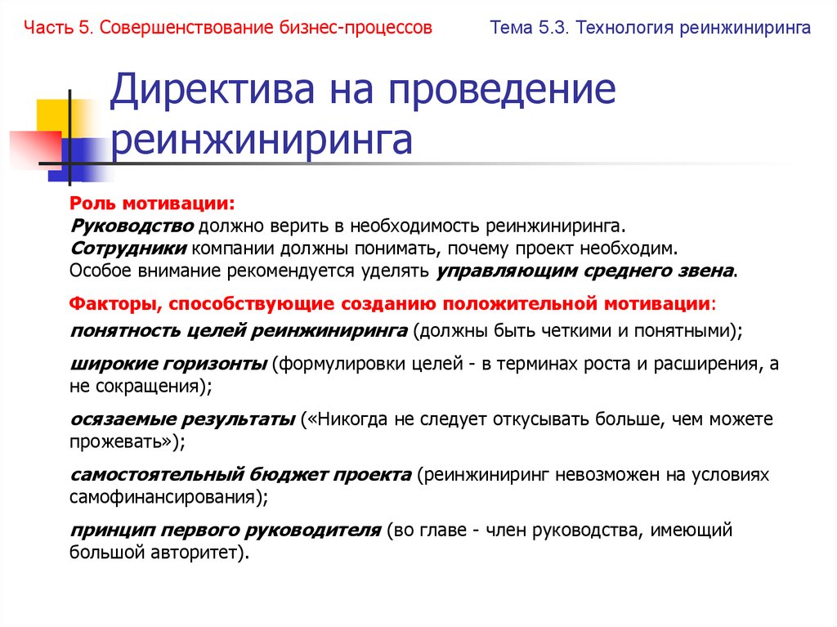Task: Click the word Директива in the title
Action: [207, 91]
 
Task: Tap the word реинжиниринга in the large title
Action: [262, 140]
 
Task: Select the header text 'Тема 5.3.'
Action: [528, 29]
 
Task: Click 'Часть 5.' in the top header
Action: [59, 29]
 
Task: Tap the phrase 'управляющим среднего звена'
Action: [585, 271]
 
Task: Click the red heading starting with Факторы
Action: [392, 304]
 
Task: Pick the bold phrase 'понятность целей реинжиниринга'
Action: [239, 331]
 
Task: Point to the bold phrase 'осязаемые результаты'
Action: [182, 419]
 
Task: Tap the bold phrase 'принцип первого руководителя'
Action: [225, 530]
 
